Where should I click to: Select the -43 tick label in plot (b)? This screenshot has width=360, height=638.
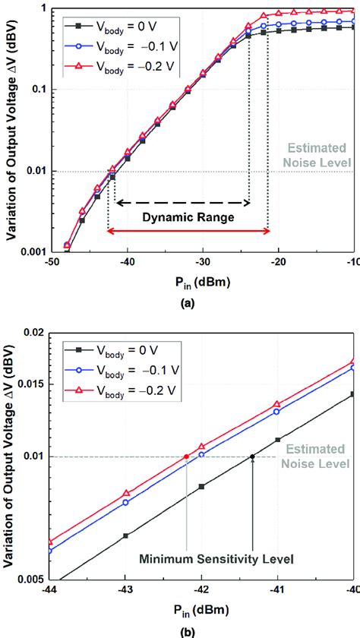point(126,589)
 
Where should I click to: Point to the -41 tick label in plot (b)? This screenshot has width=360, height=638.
point(277,589)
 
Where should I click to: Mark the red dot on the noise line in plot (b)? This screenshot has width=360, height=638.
point(186,456)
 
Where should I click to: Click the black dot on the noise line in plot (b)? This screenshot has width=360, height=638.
point(252,456)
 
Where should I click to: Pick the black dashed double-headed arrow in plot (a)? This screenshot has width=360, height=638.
point(182,203)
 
